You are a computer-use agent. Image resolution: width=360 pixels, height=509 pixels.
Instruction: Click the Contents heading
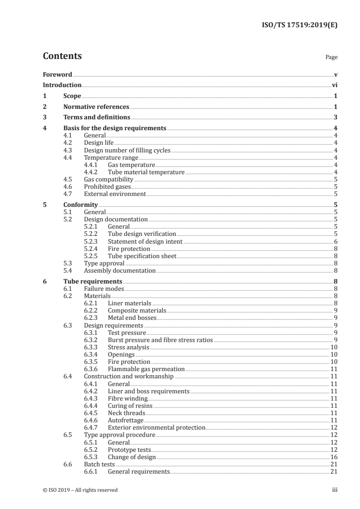62,57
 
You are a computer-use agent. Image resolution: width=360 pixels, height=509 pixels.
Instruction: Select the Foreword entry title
57,74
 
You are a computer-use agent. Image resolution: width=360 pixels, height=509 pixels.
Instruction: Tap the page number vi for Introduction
335,85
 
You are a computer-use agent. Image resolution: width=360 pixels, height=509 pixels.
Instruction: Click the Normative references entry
96,107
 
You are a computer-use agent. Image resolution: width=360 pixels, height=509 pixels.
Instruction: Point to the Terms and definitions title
93,118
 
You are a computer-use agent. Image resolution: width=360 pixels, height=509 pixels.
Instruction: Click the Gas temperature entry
131,165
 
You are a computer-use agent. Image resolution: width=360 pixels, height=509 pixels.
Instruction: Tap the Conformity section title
80,205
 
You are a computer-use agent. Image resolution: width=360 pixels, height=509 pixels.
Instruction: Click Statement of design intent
145,242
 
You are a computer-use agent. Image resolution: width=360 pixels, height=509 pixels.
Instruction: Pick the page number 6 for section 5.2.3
335,242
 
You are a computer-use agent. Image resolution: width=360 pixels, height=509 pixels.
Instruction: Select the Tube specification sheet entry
142,256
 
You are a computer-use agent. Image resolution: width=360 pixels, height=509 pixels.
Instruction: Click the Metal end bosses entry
131,318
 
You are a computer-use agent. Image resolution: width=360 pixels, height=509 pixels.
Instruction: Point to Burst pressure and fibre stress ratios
160,340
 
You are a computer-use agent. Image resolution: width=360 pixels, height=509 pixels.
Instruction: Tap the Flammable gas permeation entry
146,369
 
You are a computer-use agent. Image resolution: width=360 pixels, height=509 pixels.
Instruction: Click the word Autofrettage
125,420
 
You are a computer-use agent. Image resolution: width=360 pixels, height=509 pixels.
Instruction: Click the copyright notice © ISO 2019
80,490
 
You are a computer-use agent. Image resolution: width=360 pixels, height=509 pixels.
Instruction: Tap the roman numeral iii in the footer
335,490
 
